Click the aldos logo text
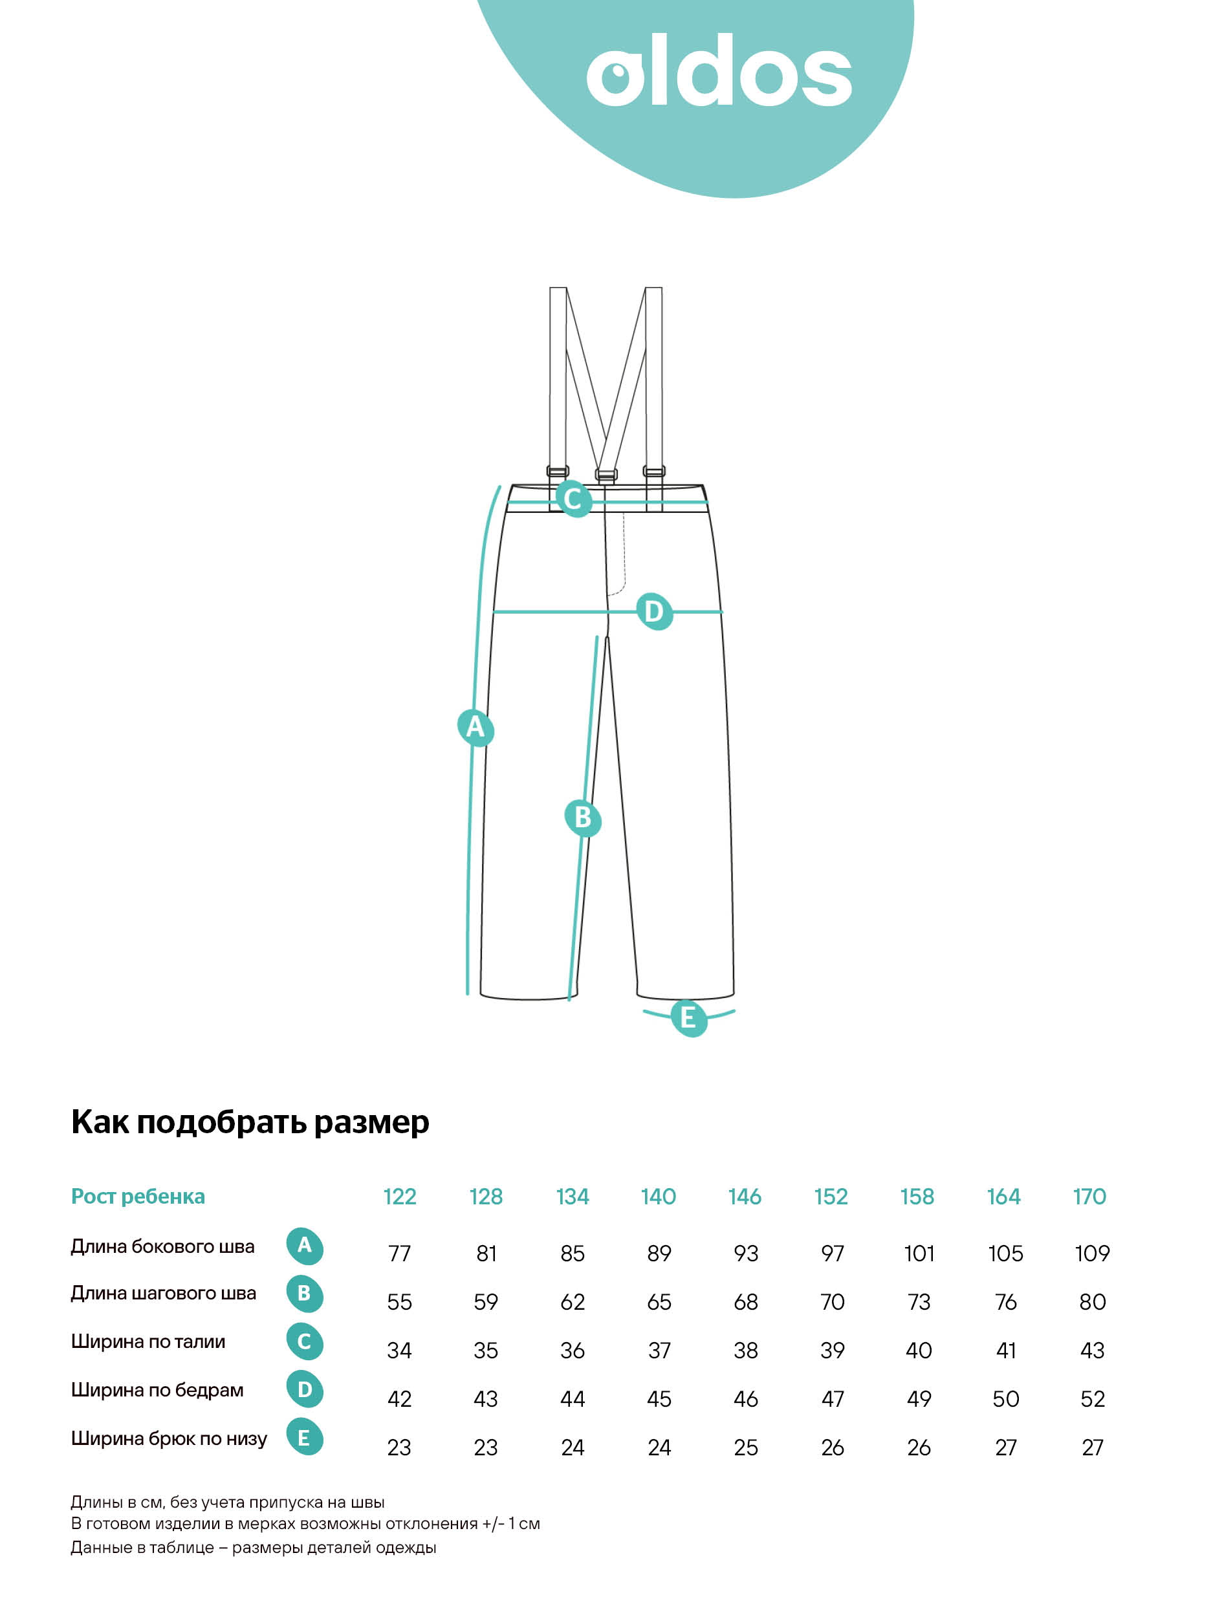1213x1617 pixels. point(719,71)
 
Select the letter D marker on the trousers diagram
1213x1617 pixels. point(653,611)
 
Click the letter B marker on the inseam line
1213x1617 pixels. point(583,818)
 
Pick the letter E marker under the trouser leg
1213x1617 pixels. point(689,1017)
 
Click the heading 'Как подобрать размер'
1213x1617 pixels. point(250,1122)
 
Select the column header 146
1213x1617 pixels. point(745,1197)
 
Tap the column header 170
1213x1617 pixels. point(1089,1197)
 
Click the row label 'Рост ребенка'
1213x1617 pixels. point(137,1197)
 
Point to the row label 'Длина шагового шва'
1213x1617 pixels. point(163,1293)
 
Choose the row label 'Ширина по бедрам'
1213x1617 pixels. point(157,1390)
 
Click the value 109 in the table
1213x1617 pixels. point(1091,1253)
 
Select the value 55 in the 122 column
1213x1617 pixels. point(399,1302)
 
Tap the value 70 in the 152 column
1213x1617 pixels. point(832,1302)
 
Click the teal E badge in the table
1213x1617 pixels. point(304,1438)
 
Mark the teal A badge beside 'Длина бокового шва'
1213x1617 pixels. point(304,1245)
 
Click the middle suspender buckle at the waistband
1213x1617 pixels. point(606,474)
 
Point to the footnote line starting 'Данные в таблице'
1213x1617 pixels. point(253,1548)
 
